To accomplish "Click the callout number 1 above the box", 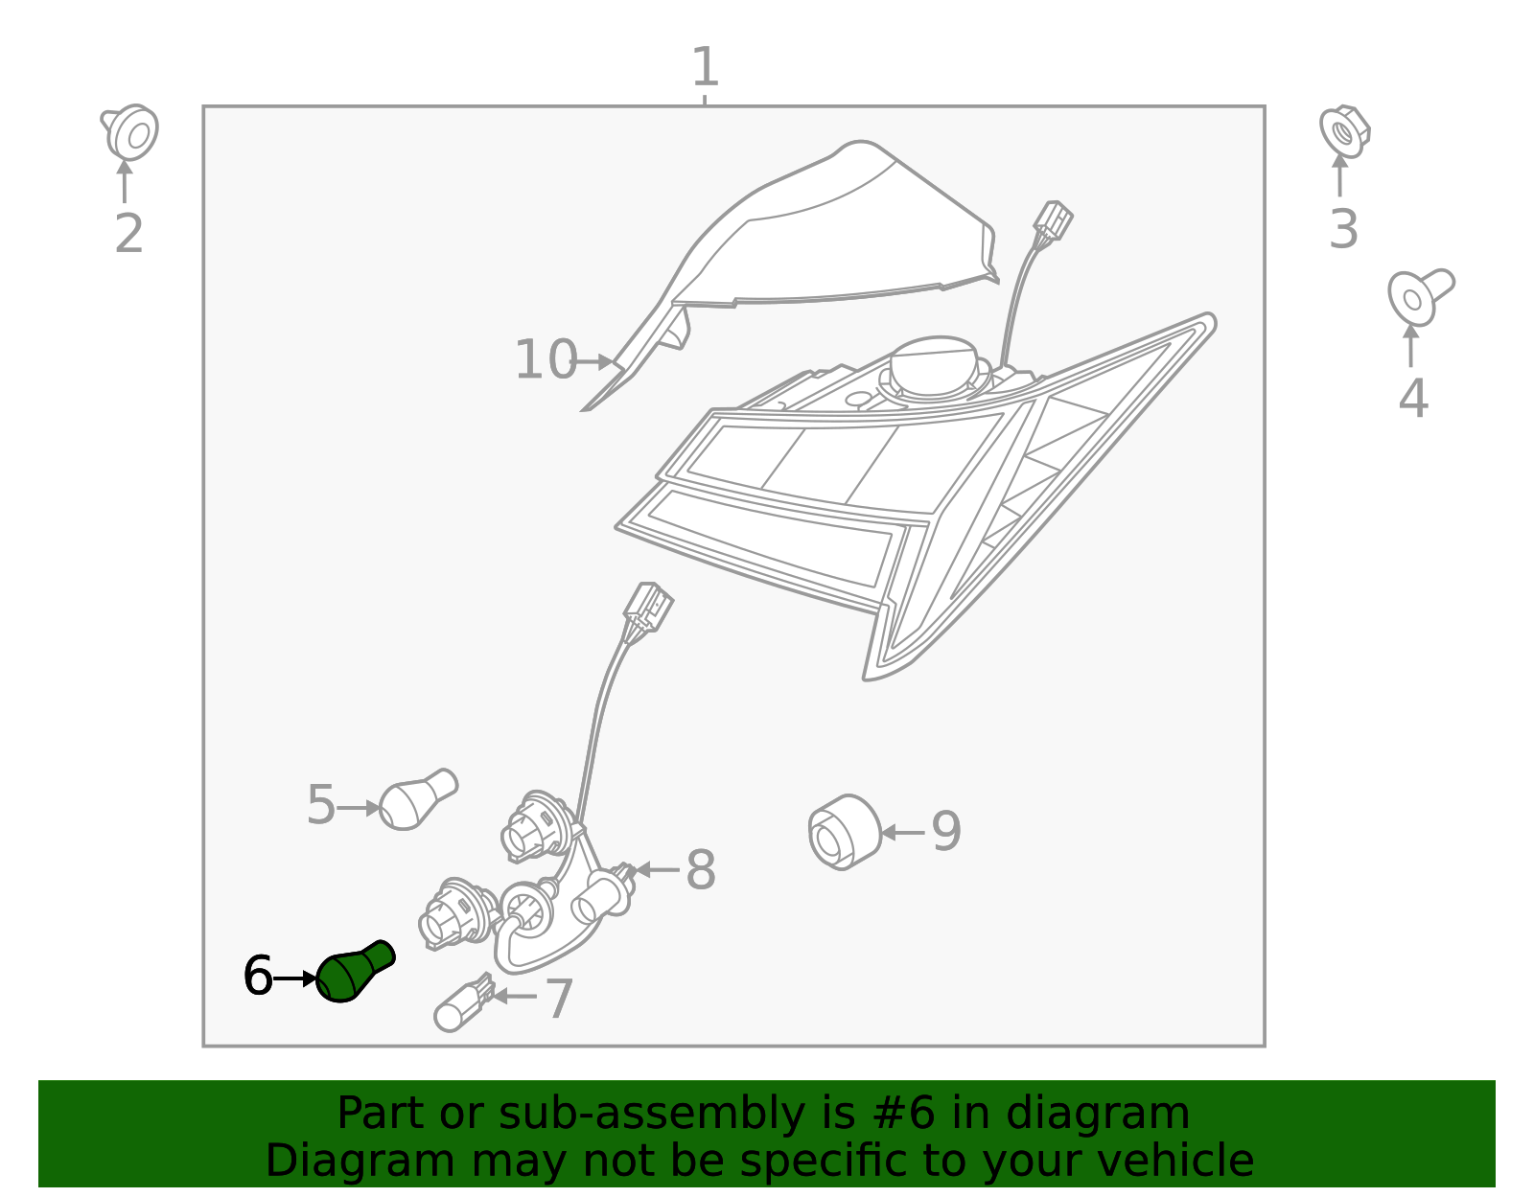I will click(x=705, y=68).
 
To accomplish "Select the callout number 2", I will click(x=128, y=234).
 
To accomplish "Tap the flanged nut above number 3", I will click(x=1344, y=130).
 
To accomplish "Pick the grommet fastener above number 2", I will click(x=131, y=131).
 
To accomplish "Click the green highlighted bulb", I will click(x=353, y=972).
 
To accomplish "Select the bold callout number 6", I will click(x=258, y=977).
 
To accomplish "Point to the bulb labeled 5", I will click(x=416, y=801).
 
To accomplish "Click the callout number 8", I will click(x=701, y=871).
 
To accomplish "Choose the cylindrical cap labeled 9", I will click(x=844, y=831).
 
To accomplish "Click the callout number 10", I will click(x=546, y=360).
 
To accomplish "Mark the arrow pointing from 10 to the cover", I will click(x=597, y=361).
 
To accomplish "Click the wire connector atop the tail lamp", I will click(x=1052, y=221).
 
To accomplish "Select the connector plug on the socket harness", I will click(x=647, y=607).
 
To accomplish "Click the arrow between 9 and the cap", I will click(x=902, y=832).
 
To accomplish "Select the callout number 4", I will click(x=1412, y=399).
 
